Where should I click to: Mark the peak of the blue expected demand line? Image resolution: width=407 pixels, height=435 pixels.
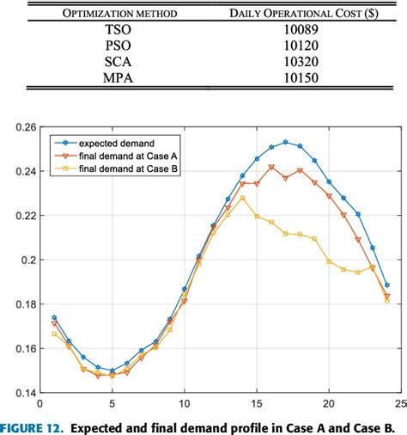(x=286, y=142)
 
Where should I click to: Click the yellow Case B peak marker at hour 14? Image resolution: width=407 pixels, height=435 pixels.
(x=242, y=198)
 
